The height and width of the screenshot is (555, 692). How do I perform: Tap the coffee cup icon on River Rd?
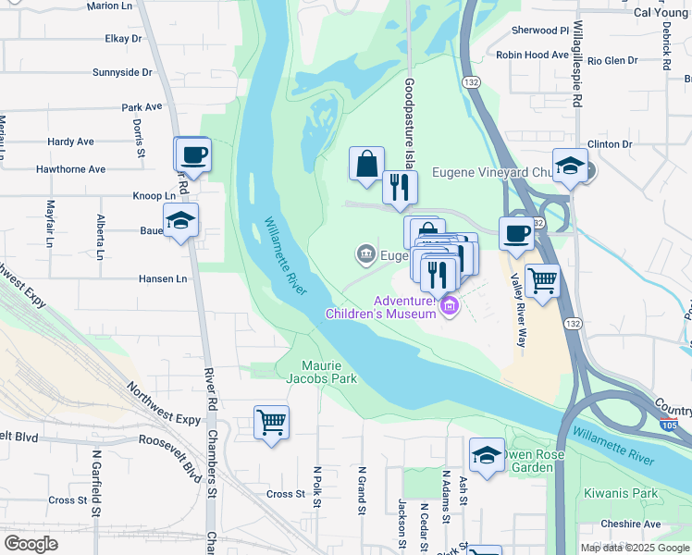(x=192, y=154)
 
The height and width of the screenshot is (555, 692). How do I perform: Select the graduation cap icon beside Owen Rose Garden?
(x=487, y=455)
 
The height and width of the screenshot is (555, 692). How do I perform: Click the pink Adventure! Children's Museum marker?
(x=450, y=305)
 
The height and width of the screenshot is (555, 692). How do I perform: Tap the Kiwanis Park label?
(x=627, y=494)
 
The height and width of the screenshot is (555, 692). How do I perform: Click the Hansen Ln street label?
(x=163, y=278)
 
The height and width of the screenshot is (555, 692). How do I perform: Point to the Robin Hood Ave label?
(x=533, y=55)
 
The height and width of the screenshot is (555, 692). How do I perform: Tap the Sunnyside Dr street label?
(x=122, y=72)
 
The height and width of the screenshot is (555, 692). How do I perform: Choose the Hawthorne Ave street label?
(x=70, y=169)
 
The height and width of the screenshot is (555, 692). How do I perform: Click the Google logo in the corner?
(x=31, y=544)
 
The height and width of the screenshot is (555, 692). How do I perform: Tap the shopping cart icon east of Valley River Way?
(x=542, y=279)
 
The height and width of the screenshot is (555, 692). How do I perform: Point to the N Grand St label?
(x=362, y=488)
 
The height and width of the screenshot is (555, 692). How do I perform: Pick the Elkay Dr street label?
(x=123, y=39)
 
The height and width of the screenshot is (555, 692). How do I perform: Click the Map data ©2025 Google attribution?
(x=634, y=548)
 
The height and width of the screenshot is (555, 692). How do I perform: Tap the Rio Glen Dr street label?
(x=612, y=61)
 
